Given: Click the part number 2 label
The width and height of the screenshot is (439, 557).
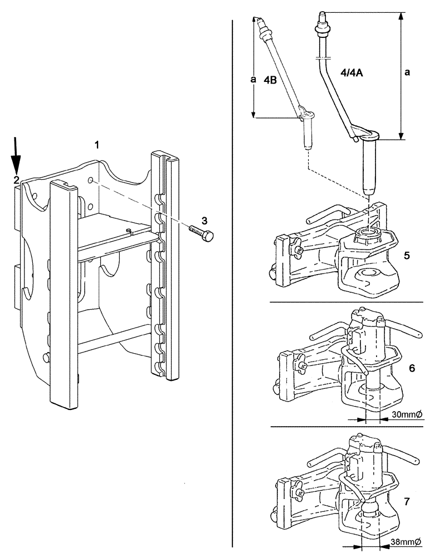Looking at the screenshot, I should (x=17, y=180).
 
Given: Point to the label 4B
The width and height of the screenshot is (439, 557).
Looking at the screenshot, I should (x=270, y=80).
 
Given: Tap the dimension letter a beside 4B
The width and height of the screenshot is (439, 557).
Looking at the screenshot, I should (x=253, y=80).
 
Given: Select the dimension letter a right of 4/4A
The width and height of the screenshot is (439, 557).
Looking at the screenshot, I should (x=408, y=72).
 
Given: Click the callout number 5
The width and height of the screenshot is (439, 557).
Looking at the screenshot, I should (x=408, y=256).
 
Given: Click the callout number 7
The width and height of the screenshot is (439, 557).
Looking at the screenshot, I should (x=407, y=502).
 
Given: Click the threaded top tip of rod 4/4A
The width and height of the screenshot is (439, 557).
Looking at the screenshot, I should (x=322, y=16).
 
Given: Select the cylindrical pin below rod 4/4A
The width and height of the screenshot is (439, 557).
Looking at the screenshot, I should (x=367, y=167).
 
